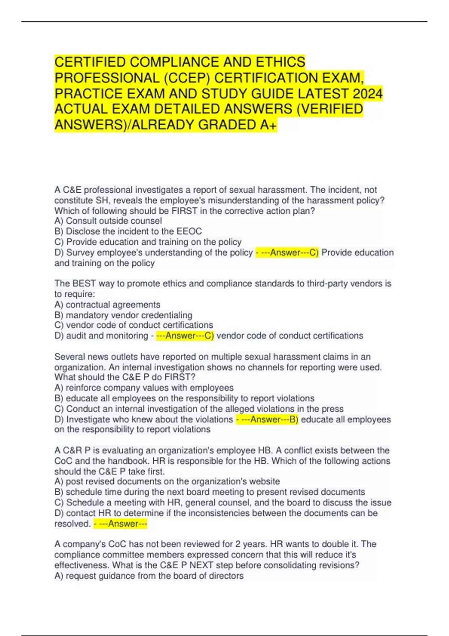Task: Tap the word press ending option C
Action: point(332,409)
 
